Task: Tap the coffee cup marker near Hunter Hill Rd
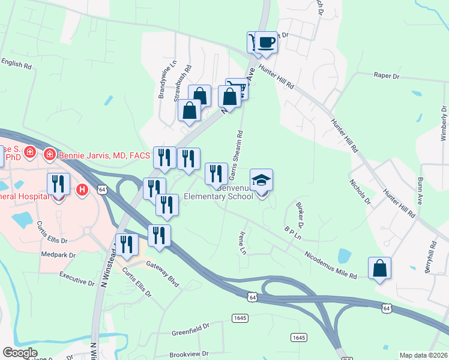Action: (267, 43)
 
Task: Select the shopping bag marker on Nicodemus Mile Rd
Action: (380, 268)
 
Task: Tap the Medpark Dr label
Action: (58, 255)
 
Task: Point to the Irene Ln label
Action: (243, 242)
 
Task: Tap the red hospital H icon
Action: (83, 190)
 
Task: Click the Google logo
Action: (20, 353)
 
